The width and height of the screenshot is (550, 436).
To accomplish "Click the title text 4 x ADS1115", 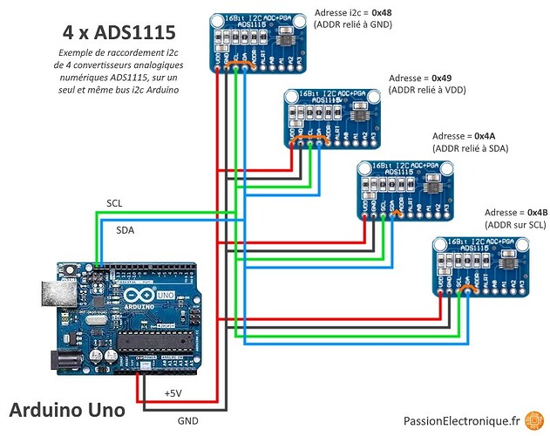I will [x=119, y=33].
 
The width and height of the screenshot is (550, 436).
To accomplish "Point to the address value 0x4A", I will [x=482, y=137].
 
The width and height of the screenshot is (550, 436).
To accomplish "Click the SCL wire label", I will [x=114, y=202].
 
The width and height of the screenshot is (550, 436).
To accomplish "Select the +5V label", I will [x=173, y=394].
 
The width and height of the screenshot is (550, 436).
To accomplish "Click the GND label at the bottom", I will [x=188, y=420].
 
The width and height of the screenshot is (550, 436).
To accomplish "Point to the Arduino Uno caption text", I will [x=66, y=409].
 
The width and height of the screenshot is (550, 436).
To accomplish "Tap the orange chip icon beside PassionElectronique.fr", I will [x=531, y=420].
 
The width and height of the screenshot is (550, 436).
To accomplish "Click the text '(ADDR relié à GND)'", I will [x=353, y=26].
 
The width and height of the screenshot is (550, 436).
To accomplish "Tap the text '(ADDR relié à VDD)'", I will [x=428, y=89].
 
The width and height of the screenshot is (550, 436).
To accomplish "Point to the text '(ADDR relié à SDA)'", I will [x=470, y=149].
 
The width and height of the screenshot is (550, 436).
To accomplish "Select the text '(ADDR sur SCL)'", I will [x=516, y=225].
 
